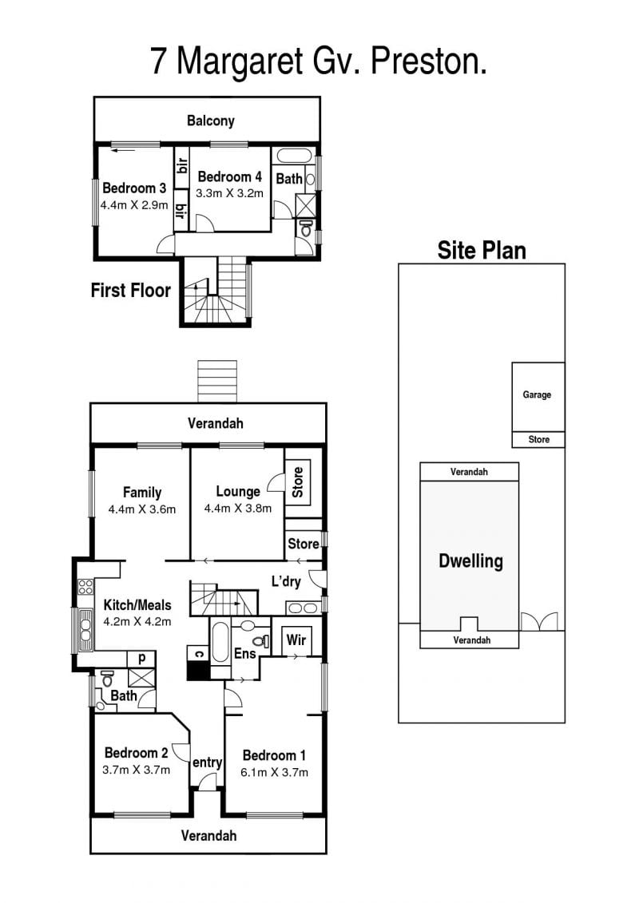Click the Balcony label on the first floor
(210, 121)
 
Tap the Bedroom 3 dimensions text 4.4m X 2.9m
(134, 205)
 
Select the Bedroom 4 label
(229, 176)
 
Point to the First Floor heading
(131, 291)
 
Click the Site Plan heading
(482, 251)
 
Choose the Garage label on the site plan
(537, 395)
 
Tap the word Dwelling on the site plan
(470, 561)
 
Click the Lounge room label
(238, 492)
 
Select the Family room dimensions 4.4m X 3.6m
(141, 509)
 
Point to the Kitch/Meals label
(137, 605)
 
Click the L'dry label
(286, 582)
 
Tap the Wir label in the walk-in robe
(296, 640)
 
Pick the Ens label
(245, 654)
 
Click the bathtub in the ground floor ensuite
(220, 642)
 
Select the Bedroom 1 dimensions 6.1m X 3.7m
(274, 773)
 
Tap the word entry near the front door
(208, 763)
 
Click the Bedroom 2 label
(136, 753)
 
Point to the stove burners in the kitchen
(85, 587)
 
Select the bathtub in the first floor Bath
(294, 156)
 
